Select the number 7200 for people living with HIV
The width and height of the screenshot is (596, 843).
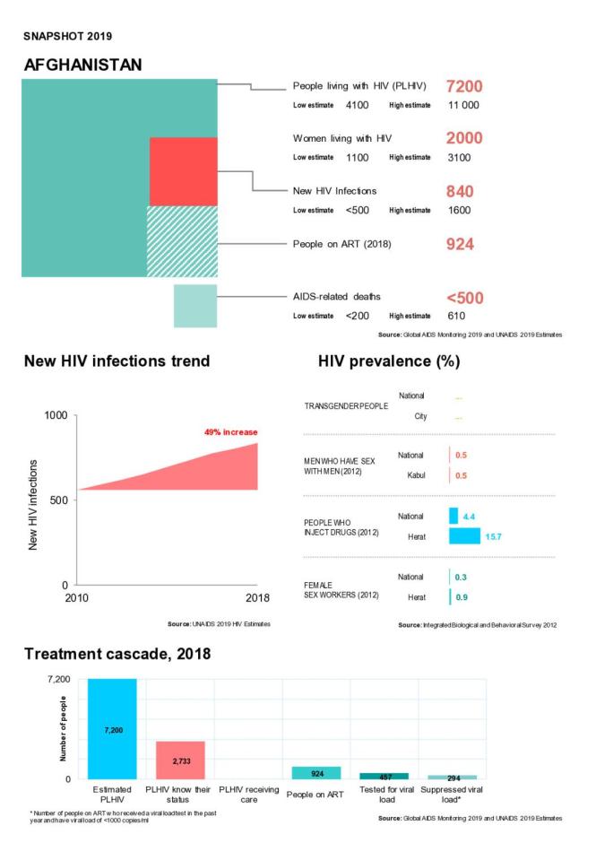pyautogui.click(x=464, y=87)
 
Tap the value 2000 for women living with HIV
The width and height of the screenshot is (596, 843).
pyautogui.click(x=464, y=138)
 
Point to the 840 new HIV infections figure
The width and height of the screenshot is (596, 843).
pyautogui.click(x=460, y=191)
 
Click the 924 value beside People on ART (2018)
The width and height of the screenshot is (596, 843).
pyautogui.click(x=460, y=244)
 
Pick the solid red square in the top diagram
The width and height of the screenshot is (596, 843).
pyautogui.click(x=183, y=171)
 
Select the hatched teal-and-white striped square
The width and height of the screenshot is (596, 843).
pyautogui.click(x=183, y=240)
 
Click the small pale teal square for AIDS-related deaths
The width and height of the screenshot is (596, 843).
pyautogui.click(x=195, y=306)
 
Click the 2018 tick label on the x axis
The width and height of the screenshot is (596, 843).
pyautogui.click(x=256, y=598)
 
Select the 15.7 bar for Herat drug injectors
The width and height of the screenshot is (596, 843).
pyautogui.click(x=464, y=536)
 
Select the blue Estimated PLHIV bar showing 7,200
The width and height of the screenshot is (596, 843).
pyautogui.click(x=112, y=728)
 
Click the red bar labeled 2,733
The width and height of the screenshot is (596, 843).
pyautogui.click(x=180, y=760)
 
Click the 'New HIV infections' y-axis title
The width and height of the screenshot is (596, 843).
pyautogui.click(x=34, y=504)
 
